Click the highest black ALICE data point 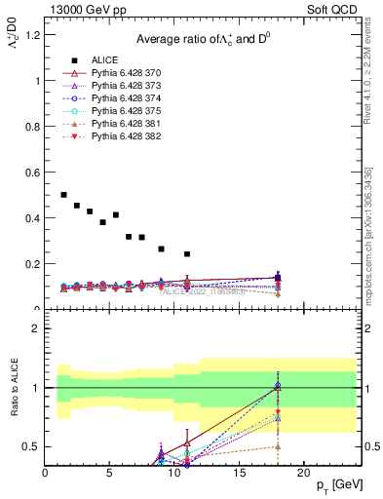pyautogui.click(x=64, y=195)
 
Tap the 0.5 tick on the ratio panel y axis pyautogui.click(x=31, y=446)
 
